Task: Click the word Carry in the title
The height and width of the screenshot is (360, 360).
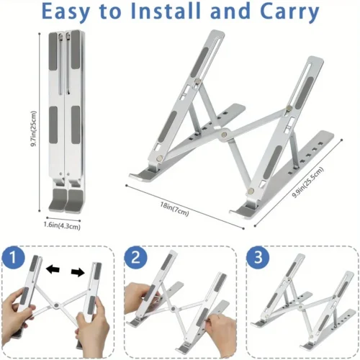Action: pos(285,12)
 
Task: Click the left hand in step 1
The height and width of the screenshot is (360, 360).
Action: pos(22,325)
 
